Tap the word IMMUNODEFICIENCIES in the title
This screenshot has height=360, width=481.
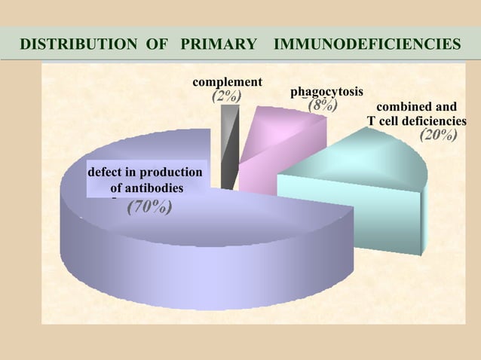[367, 44]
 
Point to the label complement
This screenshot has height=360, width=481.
[228, 81]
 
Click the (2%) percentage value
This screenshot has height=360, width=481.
[226, 96]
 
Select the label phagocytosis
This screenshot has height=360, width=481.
[326, 92]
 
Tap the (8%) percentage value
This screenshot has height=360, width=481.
[322, 105]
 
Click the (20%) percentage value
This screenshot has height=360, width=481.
[438, 136]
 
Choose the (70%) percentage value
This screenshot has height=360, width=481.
[149, 206]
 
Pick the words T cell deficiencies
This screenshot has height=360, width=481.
[416, 121]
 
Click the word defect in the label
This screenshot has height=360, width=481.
[106, 172]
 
